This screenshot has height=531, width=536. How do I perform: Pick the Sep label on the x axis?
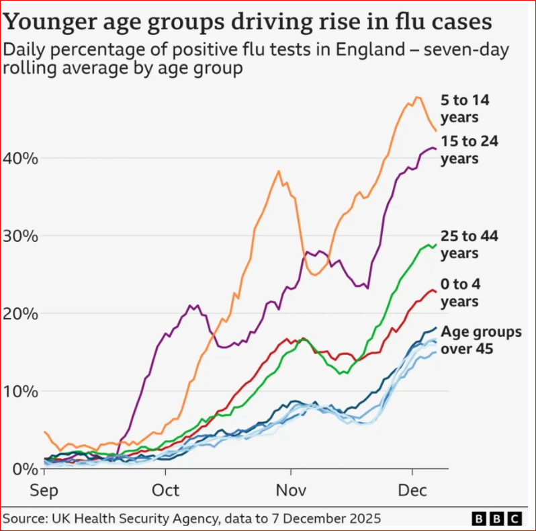(46, 491)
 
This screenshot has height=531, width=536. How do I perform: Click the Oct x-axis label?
(165, 491)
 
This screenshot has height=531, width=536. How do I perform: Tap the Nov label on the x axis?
(291, 491)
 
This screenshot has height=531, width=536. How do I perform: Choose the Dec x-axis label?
(411, 491)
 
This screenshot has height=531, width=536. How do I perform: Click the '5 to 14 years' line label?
(463, 109)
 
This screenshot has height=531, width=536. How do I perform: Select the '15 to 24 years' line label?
(469, 149)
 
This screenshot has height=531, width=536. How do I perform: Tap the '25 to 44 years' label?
(469, 244)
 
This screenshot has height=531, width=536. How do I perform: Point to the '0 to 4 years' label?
(461, 292)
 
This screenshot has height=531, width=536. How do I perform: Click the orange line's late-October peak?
(279, 171)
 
